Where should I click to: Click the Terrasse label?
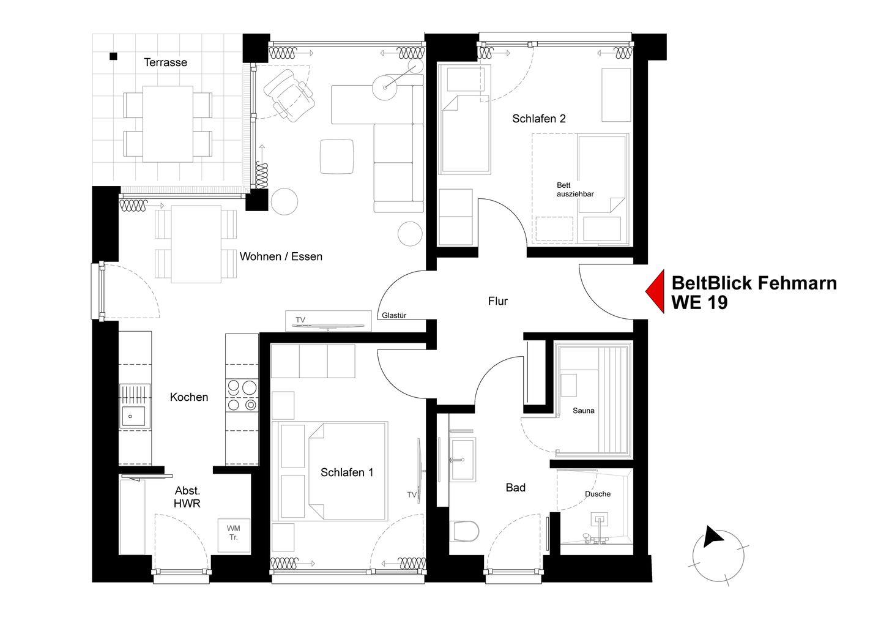click(165, 62)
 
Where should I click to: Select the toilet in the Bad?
click(464, 531)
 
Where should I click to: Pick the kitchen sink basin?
click(133, 417)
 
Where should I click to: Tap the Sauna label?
click(583, 411)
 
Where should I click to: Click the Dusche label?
click(597, 494)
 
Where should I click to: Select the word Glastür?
click(394, 315)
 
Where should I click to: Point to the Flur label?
click(497, 301)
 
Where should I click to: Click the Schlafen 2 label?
click(539, 118)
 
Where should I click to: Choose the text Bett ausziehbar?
click(575, 190)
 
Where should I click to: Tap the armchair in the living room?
click(289, 95)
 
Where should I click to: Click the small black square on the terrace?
click(113, 56)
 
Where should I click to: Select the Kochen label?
click(189, 397)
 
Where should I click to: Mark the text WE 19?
click(700, 303)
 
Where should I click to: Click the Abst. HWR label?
click(187, 497)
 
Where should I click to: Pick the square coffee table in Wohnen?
click(336, 157)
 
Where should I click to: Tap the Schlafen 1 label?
click(347, 472)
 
